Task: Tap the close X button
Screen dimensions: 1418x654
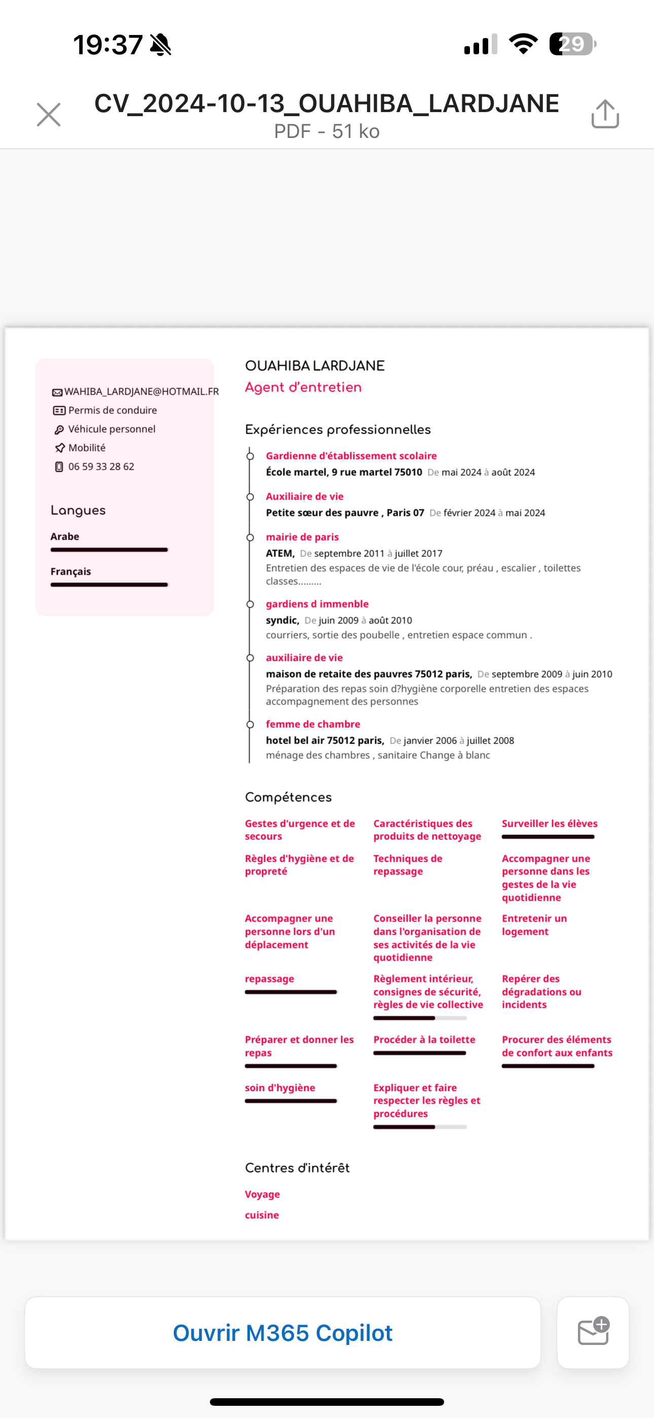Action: tap(49, 115)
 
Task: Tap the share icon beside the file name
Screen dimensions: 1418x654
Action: tap(605, 114)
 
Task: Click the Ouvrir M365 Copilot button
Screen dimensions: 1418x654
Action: tap(282, 1333)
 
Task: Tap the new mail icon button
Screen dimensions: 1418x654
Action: tap(593, 1332)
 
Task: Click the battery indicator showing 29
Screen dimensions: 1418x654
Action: tap(572, 44)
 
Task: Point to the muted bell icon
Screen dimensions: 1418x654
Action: tap(161, 45)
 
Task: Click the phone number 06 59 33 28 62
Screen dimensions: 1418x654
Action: tap(101, 467)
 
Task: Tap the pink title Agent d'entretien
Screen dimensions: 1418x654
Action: tap(303, 387)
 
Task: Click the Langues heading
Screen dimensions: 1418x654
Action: tap(78, 510)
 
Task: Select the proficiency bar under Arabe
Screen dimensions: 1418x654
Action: tap(109, 550)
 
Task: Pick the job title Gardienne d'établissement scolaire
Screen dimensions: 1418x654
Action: tap(351, 456)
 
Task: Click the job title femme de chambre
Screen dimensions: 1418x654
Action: tap(313, 724)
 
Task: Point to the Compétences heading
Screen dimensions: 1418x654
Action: tap(288, 797)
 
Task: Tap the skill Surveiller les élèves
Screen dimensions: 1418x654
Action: tap(550, 824)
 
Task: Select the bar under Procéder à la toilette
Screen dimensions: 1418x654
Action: tap(419, 1053)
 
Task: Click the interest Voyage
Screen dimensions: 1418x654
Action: tap(262, 1194)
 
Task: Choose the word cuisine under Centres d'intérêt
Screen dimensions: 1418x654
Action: tap(262, 1215)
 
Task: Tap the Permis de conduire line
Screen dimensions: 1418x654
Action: tap(113, 410)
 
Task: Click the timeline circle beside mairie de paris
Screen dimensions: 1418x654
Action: tap(250, 537)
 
